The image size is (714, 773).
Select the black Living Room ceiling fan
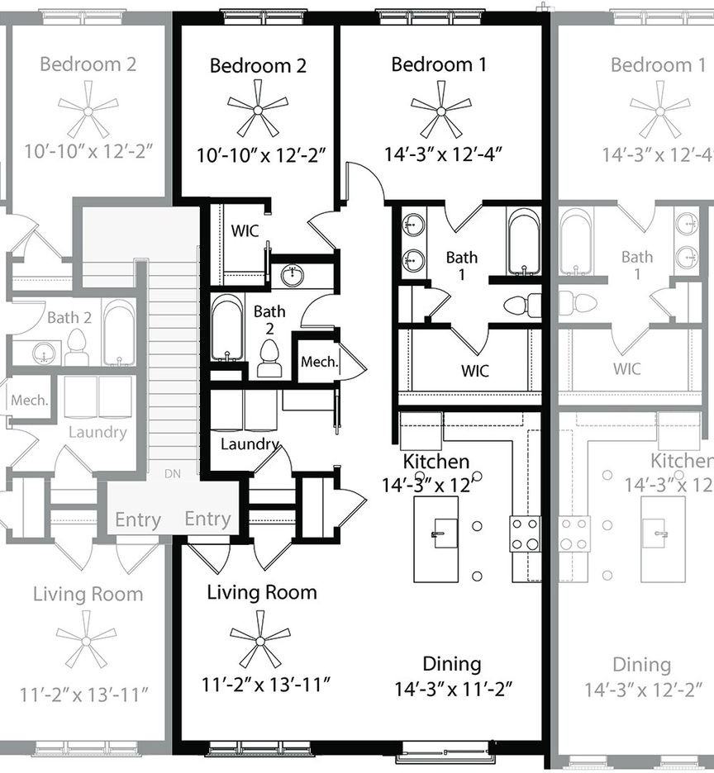coord(260,640)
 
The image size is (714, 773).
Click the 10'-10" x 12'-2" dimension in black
coord(261,155)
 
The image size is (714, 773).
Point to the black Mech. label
coord(320,362)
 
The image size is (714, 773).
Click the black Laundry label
coord(250,444)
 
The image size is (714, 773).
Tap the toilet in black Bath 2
coord(269,358)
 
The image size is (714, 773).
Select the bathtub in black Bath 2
coord(227,328)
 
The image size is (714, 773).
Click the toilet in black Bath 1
coord(522,306)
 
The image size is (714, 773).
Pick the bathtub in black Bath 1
coord(524,241)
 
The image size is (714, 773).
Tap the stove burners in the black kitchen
coord(525,534)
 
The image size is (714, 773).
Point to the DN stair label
coord(172,474)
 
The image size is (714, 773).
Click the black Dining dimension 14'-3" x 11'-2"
coord(454,689)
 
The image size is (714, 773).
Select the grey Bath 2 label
coord(69,317)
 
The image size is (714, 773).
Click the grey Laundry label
coord(98,433)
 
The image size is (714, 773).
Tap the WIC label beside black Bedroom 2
coord(245,230)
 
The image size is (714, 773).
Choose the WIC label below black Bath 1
coord(475,370)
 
